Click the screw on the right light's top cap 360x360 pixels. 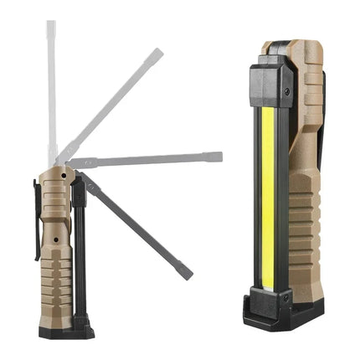284,90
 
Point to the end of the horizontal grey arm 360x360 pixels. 218,156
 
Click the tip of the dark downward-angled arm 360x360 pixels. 188,274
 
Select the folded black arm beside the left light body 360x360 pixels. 79,251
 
